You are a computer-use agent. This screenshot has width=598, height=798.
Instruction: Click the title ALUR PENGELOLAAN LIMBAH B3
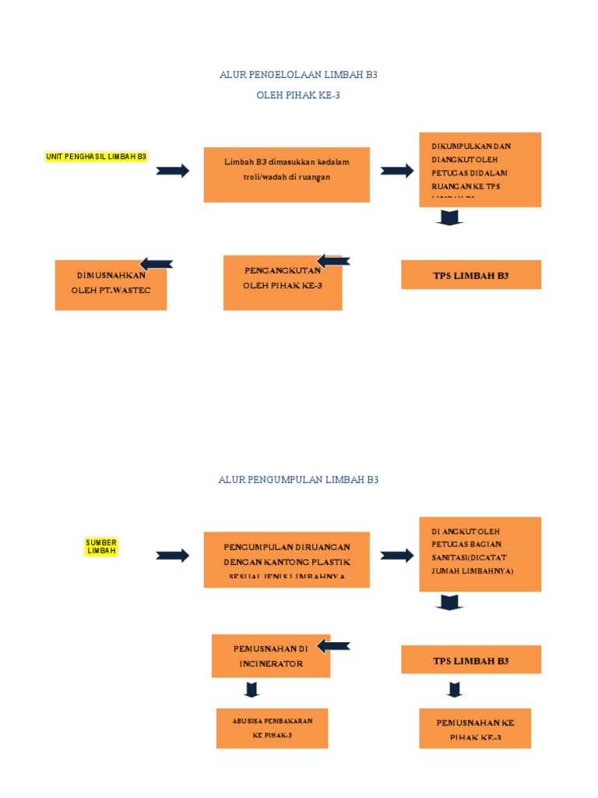(298, 75)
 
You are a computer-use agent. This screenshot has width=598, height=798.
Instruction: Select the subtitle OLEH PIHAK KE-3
(298, 95)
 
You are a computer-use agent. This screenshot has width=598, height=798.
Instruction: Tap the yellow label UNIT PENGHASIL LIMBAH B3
(97, 157)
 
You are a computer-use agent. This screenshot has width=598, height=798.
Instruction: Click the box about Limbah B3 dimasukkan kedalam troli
(287, 175)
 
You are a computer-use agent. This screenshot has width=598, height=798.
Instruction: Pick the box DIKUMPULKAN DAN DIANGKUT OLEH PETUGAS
(480, 170)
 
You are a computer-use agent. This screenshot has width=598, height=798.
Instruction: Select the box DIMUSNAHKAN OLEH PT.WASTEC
(111, 284)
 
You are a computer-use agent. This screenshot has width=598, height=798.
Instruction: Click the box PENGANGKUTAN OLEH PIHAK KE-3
(282, 282)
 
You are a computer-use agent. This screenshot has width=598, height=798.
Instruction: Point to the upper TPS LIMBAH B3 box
(470, 275)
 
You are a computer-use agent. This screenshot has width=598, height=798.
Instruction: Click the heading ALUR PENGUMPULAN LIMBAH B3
(298, 480)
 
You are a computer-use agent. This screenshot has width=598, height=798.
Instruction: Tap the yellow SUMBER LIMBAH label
(101, 546)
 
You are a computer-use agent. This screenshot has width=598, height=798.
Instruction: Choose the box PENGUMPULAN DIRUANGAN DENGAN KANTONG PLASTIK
(287, 560)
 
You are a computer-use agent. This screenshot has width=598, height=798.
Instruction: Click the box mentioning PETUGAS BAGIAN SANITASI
(480, 553)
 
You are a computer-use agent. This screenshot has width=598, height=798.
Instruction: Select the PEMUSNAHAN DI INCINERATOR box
(271, 655)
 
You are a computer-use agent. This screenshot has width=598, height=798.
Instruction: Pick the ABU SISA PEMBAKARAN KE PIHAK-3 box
(272, 728)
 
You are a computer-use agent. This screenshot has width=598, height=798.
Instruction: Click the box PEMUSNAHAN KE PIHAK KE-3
(475, 728)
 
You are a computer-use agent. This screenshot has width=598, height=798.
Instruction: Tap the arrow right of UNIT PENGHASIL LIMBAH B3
(172, 171)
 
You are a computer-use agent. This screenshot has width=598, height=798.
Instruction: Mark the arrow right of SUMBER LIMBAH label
(172, 556)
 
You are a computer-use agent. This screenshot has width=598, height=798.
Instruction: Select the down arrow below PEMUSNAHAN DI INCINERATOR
(251, 689)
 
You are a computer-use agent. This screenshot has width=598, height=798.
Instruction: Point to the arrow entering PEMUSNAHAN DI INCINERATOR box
(333, 646)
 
